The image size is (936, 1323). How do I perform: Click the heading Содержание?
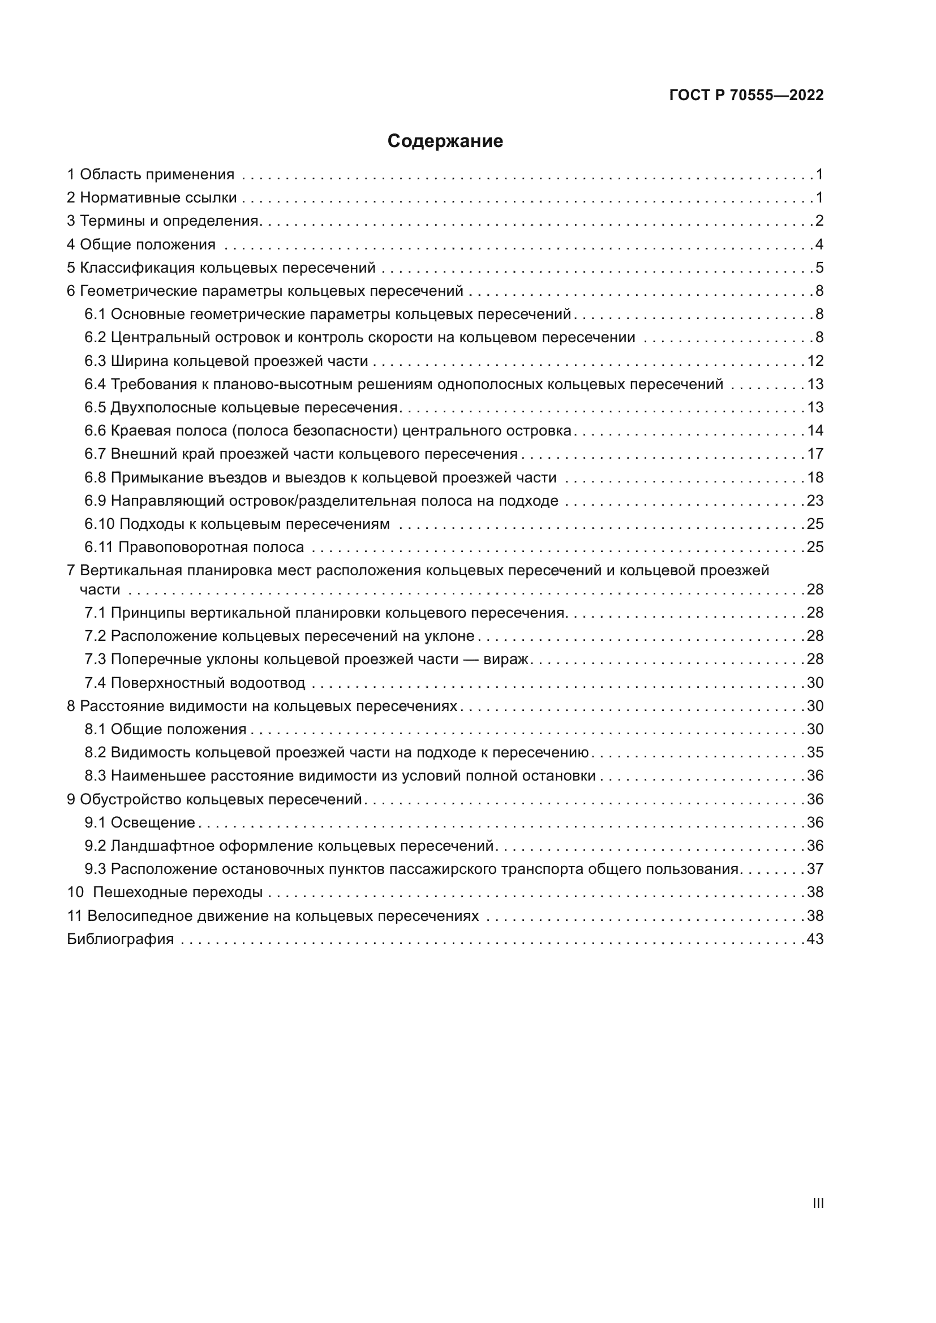[x=444, y=141]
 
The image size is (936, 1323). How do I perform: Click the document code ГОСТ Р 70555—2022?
[x=746, y=96]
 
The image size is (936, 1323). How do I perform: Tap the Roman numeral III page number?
[x=817, y=1203]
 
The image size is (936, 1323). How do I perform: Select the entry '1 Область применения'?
[x=151, y=175]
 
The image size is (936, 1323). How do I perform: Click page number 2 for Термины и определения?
[x=819, y=221]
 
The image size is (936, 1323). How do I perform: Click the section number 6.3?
[x=95, y=361]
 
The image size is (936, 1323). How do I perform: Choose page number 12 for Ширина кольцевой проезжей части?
[x=815, y=361]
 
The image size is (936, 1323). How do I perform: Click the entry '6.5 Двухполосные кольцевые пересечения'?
[x=241, y=407]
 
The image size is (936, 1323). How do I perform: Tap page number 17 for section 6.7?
[x=815, y=454]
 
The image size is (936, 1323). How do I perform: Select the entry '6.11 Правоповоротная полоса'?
[x=194, y=547]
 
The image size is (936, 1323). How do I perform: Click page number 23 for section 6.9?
[x=815, y=500]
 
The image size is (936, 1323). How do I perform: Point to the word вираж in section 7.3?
[x=505, y=658]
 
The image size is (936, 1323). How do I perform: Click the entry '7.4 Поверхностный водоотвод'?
[x=195, y=683]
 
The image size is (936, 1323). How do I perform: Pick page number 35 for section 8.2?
[x=815, y=752]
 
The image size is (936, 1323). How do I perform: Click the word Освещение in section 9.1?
[x=153, y=822]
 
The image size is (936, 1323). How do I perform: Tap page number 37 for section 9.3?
[x=815, y=868]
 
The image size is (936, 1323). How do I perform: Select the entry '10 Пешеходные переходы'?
[x=165, y=892]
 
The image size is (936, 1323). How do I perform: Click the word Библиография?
[x=121, y=939]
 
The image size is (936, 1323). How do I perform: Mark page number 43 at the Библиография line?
[x=815, y=939]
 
